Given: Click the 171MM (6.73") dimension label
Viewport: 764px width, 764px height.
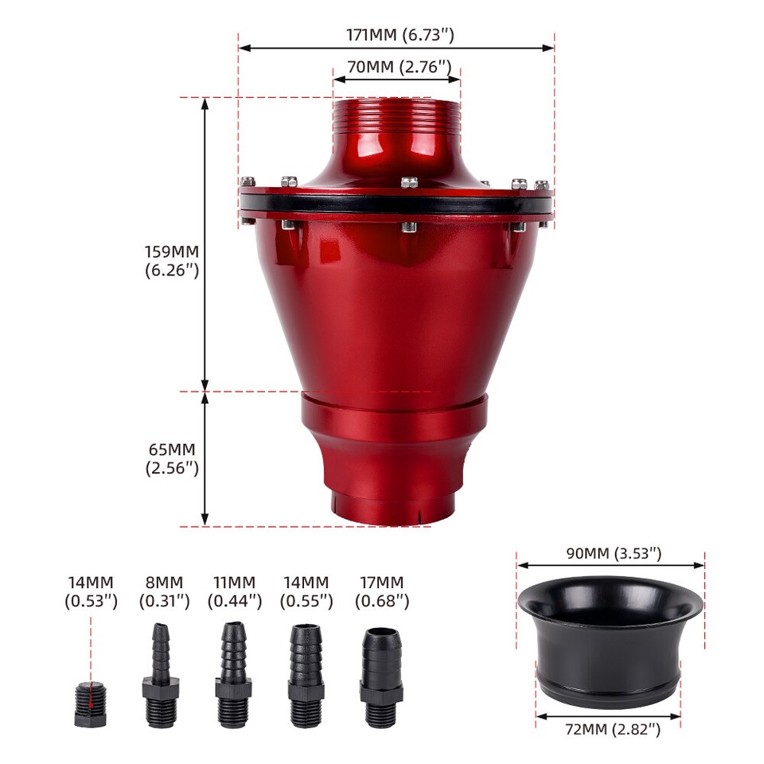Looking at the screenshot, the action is click(400, 35).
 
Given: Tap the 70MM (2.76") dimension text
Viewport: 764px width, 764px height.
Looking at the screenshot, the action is click(399, 67).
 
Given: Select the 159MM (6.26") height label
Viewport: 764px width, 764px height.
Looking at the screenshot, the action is click(172, 261).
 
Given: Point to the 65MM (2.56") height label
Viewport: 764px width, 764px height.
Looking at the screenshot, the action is click(172, 458).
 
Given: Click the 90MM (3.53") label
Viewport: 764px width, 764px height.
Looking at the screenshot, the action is click(614, 554).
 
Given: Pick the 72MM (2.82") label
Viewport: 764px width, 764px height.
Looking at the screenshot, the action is click(613, 730).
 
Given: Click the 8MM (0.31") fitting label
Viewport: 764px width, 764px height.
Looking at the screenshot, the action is click(164, 591).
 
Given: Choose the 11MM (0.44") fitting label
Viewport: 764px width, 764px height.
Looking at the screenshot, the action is click(234, 591).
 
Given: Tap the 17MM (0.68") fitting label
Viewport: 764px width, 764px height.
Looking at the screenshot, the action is click(381, 591).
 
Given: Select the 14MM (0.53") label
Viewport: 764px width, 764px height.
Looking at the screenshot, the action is click(91, 591).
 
